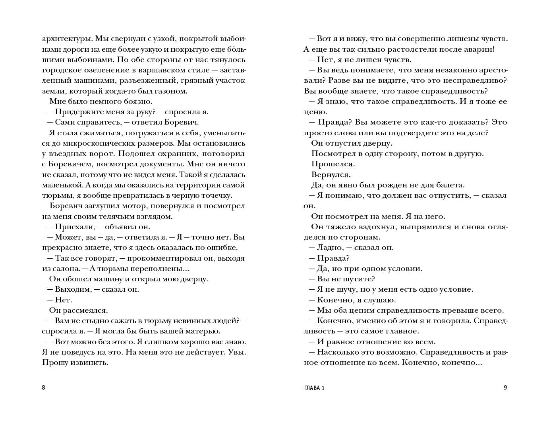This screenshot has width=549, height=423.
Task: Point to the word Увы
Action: coord(237,352)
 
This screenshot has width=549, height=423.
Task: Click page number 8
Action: coord(43,388)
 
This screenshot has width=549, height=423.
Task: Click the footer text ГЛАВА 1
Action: coord(313,388)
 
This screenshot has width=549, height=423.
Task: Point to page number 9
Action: coord(505,388)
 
